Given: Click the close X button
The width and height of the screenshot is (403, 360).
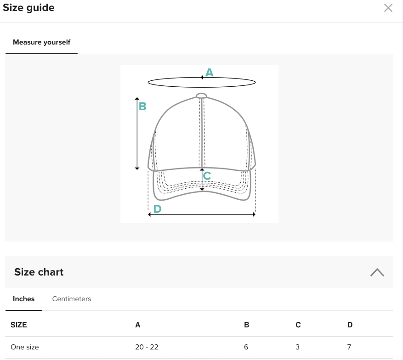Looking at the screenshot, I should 388,8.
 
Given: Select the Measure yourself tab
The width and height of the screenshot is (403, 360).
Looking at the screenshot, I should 41,42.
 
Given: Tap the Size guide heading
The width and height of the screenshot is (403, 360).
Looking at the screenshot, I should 28,8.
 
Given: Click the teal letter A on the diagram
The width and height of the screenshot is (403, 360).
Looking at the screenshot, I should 210,73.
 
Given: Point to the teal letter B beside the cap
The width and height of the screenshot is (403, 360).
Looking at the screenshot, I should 142,107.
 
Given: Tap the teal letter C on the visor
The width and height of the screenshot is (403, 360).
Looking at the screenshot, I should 207,176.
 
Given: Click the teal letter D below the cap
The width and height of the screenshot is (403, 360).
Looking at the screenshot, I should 157,209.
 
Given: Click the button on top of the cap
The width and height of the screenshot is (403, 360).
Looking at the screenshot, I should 201,96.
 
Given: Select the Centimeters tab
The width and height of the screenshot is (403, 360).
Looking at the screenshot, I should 72,299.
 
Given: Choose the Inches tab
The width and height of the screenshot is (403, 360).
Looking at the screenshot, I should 23,299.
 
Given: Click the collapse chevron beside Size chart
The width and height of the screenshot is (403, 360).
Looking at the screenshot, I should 377,272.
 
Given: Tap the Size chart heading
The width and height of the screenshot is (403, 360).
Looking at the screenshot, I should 39,272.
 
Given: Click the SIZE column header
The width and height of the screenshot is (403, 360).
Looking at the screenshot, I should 19,325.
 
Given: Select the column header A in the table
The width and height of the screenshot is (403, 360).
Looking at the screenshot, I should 138,325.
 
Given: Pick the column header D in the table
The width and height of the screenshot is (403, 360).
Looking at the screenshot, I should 350,325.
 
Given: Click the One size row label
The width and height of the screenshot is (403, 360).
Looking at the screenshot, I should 25,347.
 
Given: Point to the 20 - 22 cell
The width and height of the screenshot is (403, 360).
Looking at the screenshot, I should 147,347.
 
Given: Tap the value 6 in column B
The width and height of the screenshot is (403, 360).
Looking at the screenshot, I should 246,347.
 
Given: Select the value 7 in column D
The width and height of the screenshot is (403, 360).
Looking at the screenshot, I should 350,347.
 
